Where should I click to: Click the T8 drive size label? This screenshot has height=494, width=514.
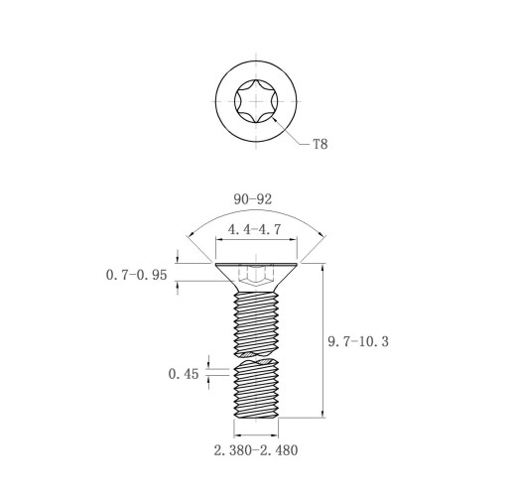tap(321, 144)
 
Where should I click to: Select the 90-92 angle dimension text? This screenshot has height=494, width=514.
tap(253, 199)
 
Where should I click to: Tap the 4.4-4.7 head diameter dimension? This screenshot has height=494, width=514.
tap(254, 229)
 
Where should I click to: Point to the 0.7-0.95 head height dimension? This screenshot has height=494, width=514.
tap(136, 275)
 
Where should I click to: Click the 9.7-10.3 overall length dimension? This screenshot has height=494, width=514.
tap(358, 341)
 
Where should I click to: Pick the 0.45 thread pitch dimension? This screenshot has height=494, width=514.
tap(184, 374)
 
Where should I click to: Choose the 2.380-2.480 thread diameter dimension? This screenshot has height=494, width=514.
tap(256, 450)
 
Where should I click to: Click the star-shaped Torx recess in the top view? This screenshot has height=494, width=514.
tap(256, 101)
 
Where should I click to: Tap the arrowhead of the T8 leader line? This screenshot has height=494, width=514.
tap(274, 119)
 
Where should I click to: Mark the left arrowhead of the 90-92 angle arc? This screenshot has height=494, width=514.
tap(190, 237)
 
